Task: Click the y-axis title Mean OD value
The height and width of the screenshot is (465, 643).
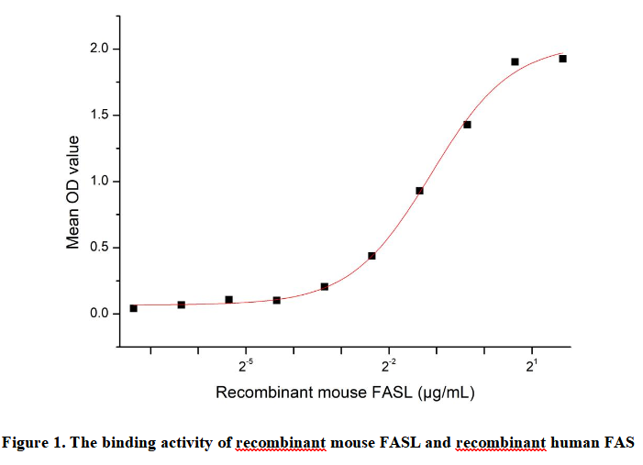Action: tap(73, 193)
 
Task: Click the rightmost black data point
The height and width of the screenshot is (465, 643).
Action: tap(562, 59)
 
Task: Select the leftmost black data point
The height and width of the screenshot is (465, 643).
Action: tap(133, 308)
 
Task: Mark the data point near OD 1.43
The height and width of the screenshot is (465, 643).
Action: tap(467, 125)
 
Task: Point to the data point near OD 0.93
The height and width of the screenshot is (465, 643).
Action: tap(419, 191)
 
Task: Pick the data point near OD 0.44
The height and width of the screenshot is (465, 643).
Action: tap(371, 256)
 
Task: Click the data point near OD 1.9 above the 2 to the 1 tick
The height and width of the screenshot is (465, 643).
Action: tap(515, 62)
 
